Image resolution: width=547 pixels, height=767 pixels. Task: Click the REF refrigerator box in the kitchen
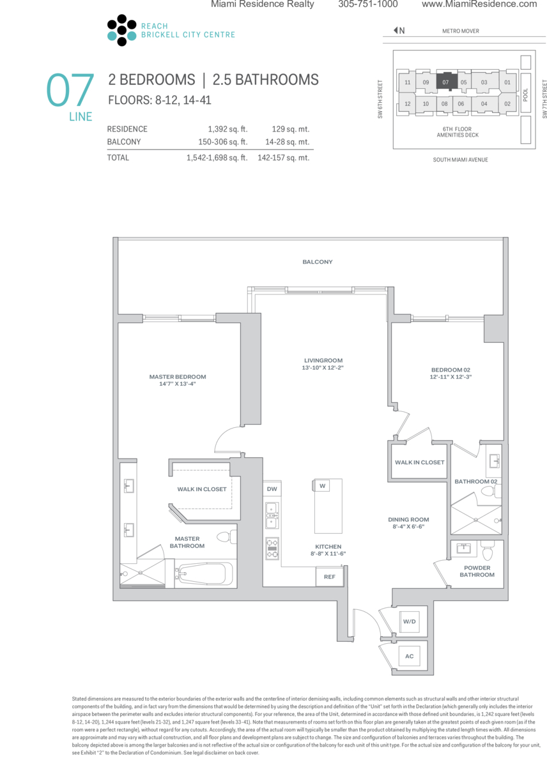click(329, 577)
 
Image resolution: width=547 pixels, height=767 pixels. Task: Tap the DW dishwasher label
click(272, 489)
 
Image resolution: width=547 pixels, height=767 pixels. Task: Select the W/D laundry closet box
click(410, 621)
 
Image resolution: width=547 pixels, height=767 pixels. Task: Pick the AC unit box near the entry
click(410, 656)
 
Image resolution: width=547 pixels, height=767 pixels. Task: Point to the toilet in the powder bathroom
click(487, 551)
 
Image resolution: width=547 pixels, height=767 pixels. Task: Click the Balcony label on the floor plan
click(317, 262)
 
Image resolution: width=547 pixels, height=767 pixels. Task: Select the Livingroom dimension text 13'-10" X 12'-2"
click(323, 368)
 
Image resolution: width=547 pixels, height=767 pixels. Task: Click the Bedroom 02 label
click(451, 370)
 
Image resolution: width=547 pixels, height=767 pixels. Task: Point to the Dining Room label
click(408, 519)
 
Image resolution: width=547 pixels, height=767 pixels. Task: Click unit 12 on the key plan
click(407, 103)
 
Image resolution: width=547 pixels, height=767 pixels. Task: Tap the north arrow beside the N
click(396, 30)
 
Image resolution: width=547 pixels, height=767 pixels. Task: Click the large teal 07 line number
click(70, 89)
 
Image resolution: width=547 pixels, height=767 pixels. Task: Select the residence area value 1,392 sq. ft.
click(227, 129)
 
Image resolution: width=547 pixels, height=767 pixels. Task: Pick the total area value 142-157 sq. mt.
click(284, 158)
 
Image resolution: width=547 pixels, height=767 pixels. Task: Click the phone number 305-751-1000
click(368, 4)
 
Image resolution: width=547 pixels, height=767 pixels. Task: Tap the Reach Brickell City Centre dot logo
click(121, 30)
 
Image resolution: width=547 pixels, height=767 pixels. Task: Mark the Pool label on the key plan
click(525, 95)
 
